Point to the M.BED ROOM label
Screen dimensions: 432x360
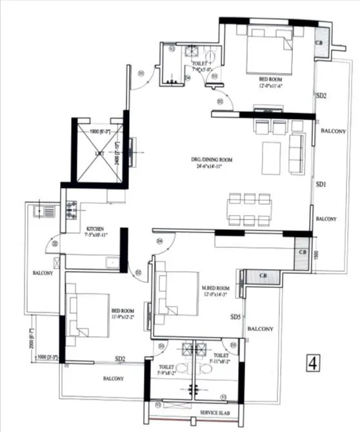[x=215, y=288]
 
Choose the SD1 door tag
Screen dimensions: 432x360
[x=321, y=184]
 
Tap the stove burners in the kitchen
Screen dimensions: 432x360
[x=71, y=208]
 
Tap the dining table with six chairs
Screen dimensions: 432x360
[x=248, y=209]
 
